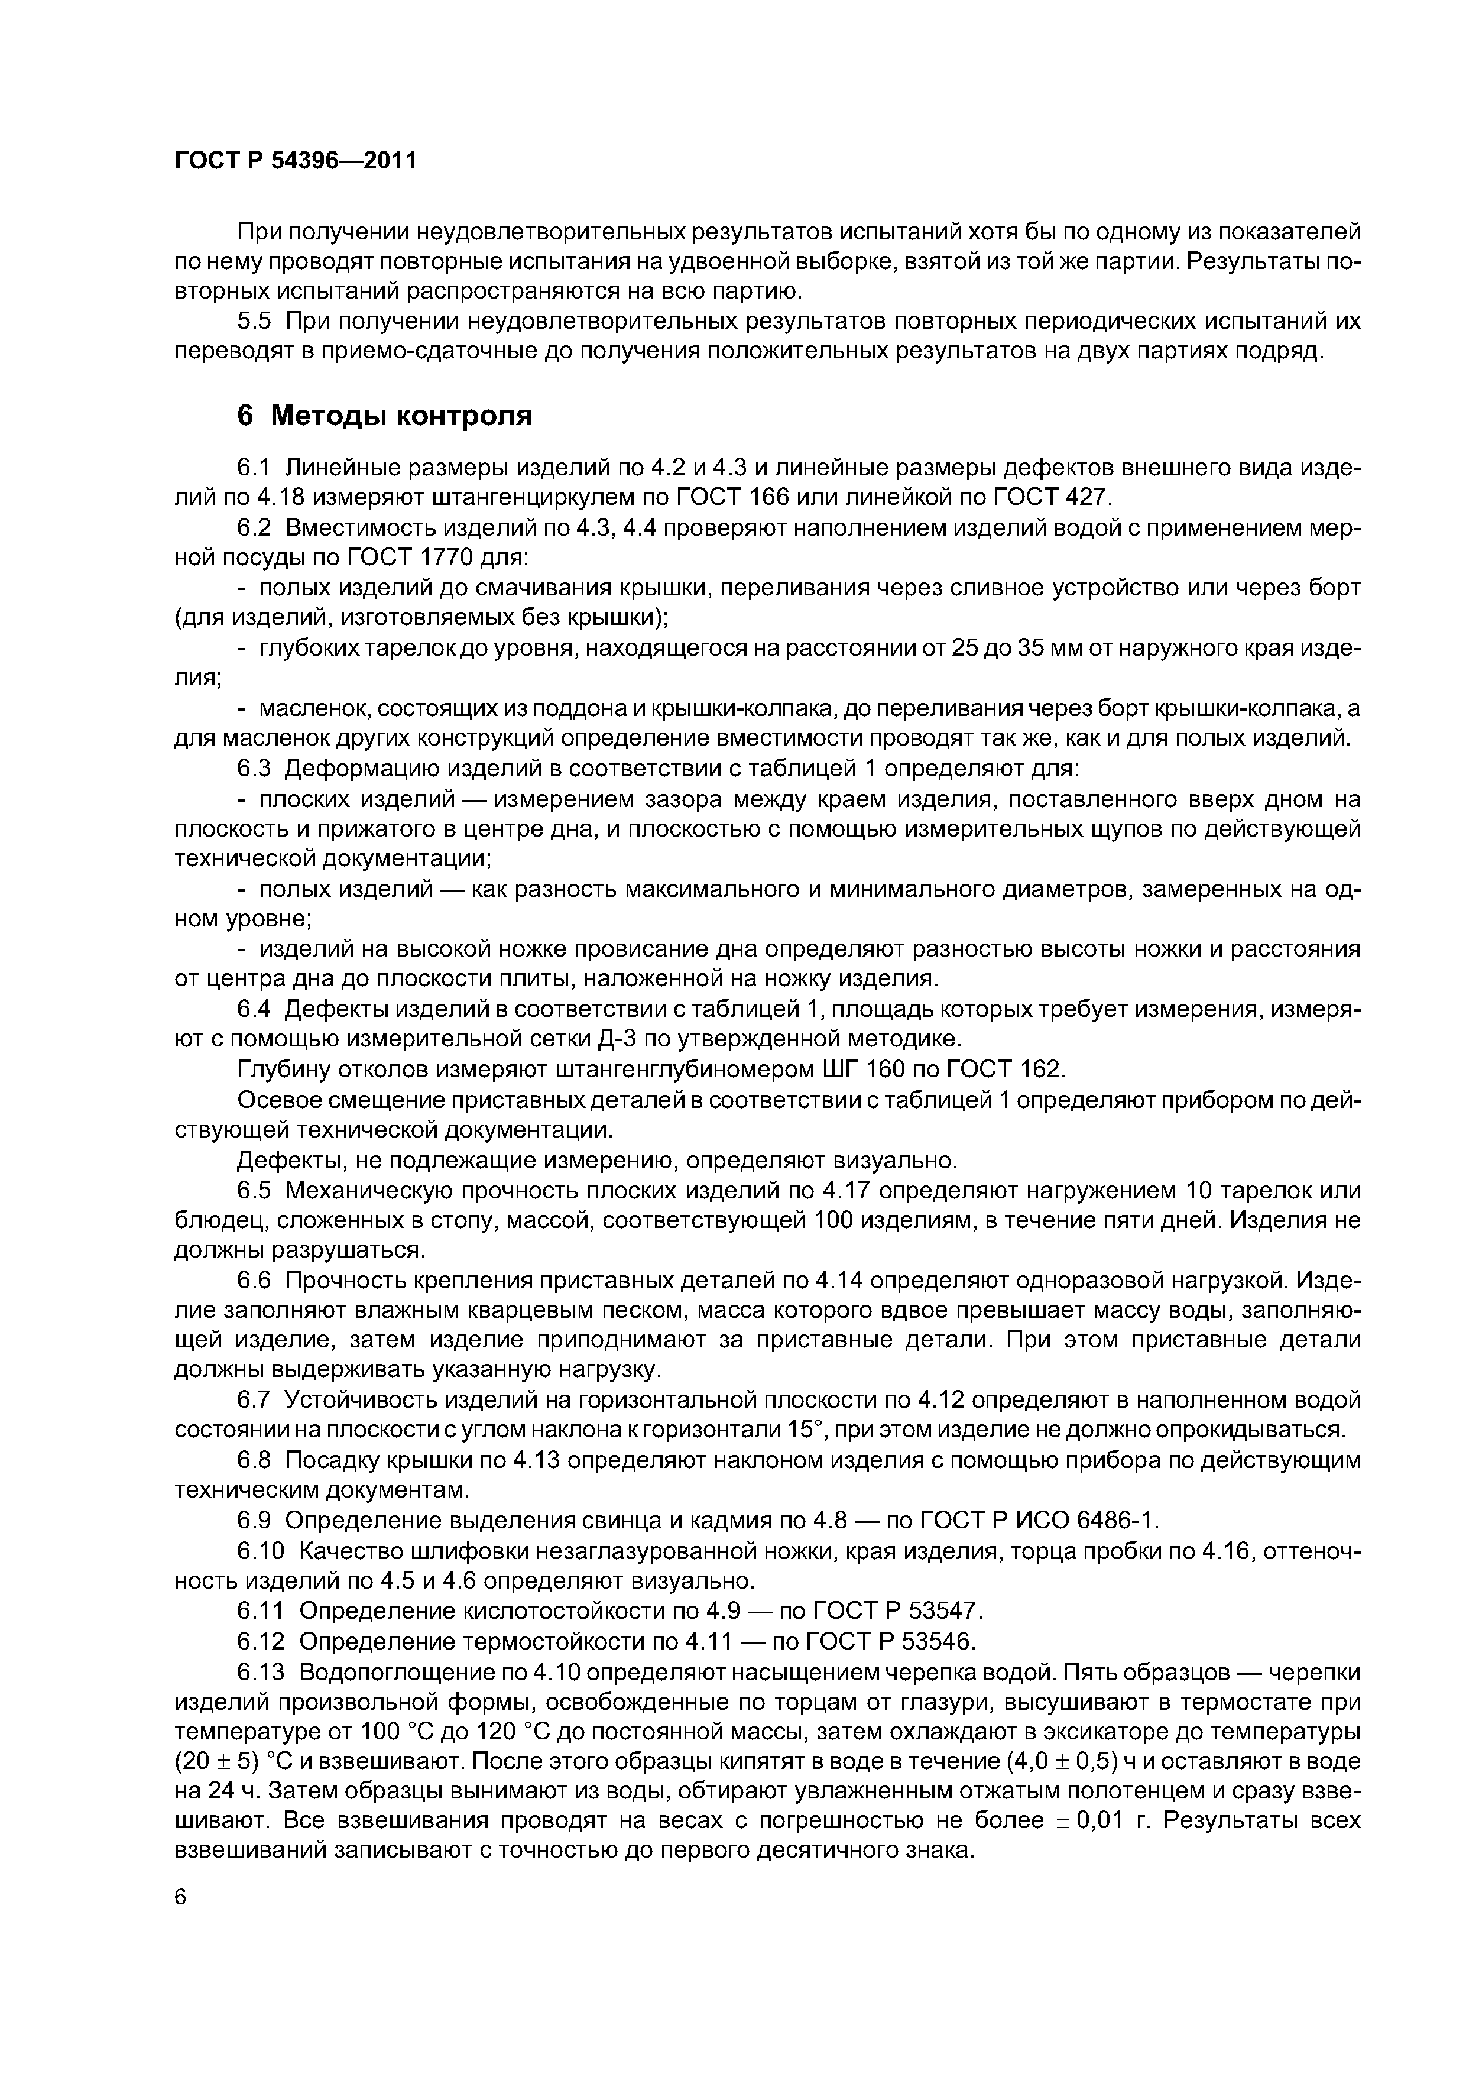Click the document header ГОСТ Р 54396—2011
[x=296, y=161]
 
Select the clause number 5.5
[x=255, y=320]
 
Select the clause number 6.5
[x=255, y=1191]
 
